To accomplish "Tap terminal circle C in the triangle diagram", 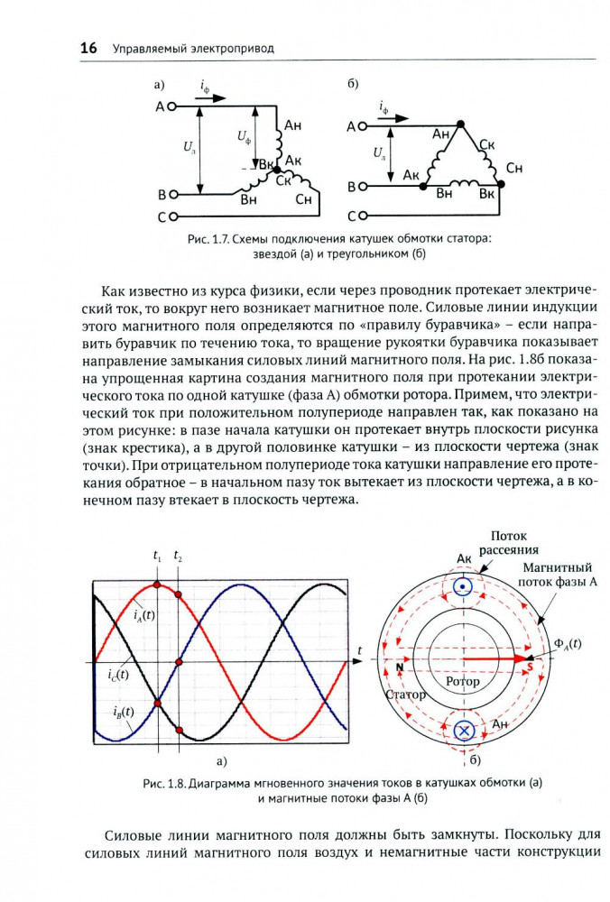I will click(365, 216).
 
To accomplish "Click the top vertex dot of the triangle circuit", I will click(459, 123).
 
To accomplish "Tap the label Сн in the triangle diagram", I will click(514, 169).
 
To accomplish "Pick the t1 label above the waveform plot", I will click(158, 560).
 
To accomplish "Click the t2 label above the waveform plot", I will click(179, 560).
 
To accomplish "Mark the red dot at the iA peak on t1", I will click(158, 584).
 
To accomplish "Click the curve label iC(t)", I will click(117, 674).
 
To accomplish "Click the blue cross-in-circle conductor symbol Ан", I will click(464, 731).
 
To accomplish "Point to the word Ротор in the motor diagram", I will click(463, 682).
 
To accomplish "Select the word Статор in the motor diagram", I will click(404, 696).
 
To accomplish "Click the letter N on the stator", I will click(398, 667).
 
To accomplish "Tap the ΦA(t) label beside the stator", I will click(568, 644).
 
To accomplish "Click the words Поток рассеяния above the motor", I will click(508, 542).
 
